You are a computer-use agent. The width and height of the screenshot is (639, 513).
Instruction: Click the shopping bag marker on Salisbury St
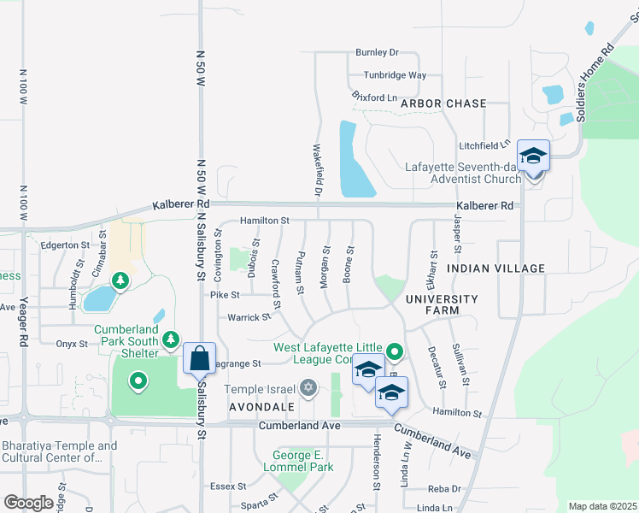[199, 358]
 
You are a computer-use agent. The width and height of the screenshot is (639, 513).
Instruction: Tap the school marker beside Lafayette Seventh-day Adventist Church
[533, 156]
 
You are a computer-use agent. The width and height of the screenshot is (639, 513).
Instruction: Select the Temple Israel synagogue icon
[308, 389]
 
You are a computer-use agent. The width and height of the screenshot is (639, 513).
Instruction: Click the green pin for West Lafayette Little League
[394, 351]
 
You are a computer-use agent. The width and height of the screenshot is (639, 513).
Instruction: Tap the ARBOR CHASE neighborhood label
[443, 103]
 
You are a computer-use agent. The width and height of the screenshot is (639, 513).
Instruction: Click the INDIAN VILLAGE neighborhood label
[495, 268]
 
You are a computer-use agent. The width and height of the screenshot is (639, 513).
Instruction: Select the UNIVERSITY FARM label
[442, 305]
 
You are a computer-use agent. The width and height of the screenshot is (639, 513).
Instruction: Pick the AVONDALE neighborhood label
[261, 406]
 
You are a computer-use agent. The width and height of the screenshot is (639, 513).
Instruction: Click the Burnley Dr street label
[378, 53]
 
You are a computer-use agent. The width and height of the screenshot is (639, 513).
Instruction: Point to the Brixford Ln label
[374, 97]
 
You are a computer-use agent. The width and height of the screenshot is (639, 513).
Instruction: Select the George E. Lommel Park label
[302, 461]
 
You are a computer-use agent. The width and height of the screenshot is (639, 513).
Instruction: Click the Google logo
[28, 502]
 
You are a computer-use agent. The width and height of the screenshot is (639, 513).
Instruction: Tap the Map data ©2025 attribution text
[602, 506]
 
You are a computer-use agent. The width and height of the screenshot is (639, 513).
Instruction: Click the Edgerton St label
[65, 245]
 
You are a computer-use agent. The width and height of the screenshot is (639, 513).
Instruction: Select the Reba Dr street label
[444, 488]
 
